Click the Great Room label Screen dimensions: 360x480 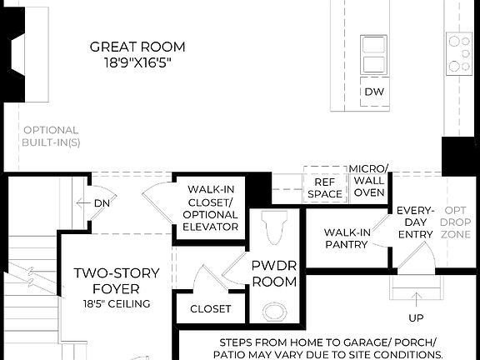tap(137, 47)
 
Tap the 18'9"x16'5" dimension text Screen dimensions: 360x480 tap(137, 63)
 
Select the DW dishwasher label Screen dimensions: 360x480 tap(372, 92)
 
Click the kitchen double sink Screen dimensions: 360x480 tap(373, 55)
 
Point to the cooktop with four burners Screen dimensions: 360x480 tap(459, 53)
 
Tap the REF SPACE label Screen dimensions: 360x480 tap(324, 187)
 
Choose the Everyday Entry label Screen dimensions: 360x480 tap(414, 222)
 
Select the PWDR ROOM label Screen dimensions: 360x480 tap(273, 274)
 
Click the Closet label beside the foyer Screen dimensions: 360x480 tap(211, 309)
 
